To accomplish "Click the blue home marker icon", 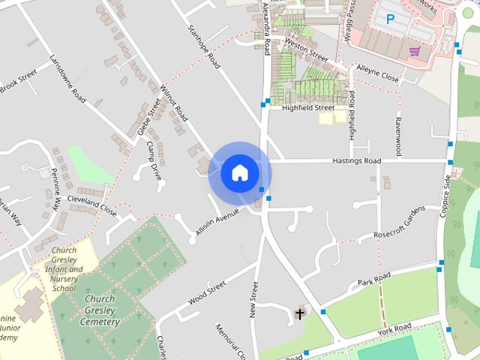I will click(x=240, y=172).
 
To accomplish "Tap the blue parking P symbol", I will click(x=389, y=19).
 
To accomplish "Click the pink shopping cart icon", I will click(x=414, y=51).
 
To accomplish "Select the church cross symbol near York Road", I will click(x=300, y=313).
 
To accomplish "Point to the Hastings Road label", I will click(x=356, y=161).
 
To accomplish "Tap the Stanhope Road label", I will click(x=205, y=52).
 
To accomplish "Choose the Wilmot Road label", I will click(x=173, y=103).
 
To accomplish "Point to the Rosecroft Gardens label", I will click(x=399, y=222).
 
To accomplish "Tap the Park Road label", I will click(x=374, y=280).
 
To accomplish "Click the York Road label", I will click(x=394, y=329).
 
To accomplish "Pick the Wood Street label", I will click(x=207, y=292).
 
